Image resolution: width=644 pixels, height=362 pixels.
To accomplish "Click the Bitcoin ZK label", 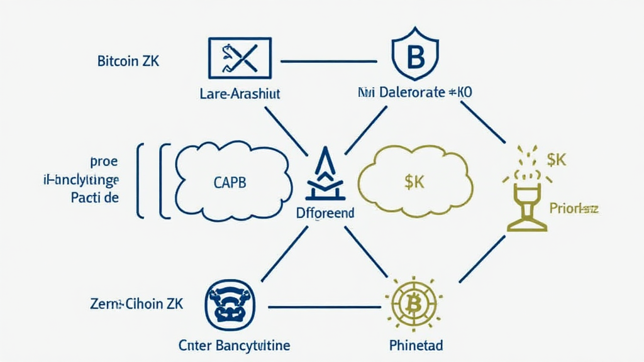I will click(x=128, y=62).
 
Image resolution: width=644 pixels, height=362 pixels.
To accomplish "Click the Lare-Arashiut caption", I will click(x=239, y=94).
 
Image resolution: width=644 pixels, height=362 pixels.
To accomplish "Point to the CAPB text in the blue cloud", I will click(x=226, y=183).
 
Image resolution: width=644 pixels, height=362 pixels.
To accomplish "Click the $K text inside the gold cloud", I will click(x=416, y=183).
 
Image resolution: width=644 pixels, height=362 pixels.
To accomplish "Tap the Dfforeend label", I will click(x=325, y=213).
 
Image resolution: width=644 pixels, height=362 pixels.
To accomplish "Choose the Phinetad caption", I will click(x=416, y=345).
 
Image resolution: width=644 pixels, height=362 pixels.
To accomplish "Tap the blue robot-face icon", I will click(x=230, y=305).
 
